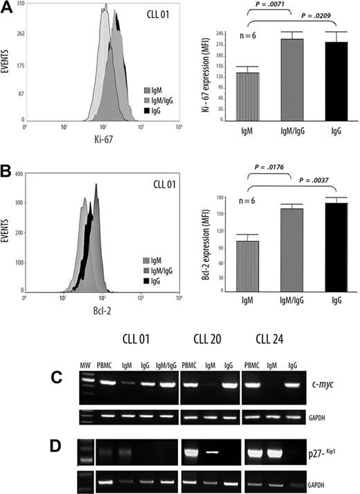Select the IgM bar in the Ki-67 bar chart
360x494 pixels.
248,96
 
